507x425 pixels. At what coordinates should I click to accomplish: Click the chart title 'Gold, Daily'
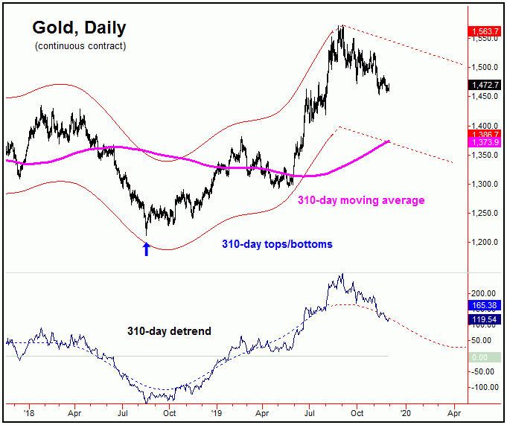point(79,28)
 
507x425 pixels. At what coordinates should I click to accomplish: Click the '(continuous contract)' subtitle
point(80,46)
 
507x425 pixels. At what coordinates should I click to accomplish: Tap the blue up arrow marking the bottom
point(147,249)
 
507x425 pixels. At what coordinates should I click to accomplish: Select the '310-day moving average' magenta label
point(361,200)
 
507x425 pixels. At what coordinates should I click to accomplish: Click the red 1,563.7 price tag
point(484,31)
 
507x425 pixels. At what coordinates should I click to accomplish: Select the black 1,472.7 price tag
point(484,86)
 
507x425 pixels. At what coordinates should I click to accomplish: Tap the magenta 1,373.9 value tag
point(484,142)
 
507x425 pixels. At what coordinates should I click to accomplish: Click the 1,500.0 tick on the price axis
point(484,67)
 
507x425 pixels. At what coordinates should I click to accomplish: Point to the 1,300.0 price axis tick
point(484,184)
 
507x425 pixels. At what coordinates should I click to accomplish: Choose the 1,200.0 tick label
point(484,243)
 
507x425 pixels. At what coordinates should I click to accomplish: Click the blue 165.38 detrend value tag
point(484,306)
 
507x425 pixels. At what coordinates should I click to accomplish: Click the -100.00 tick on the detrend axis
point(484,387)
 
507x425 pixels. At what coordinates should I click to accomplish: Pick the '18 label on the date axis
point(28,410)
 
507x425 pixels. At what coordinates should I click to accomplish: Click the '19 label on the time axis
point(216,410)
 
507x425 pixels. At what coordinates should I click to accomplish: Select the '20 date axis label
point(406,410)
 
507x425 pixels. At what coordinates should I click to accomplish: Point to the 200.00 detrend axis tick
point(484,293)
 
